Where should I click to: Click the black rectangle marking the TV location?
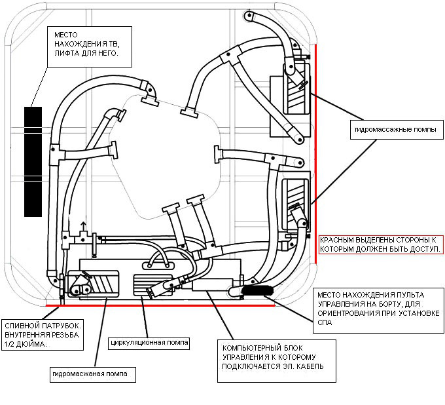coord(33,162)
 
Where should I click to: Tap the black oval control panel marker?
coord(257,290)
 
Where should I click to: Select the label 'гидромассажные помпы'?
coord(396,130)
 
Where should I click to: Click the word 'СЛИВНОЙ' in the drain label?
coord(22,326)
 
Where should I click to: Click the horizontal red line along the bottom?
coord(160,305)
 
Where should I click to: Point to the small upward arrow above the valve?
coord(84,226)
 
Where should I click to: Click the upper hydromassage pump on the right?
coord(296,88)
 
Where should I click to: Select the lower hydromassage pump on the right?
coord(295,204)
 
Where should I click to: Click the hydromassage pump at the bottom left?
coord(92,284)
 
